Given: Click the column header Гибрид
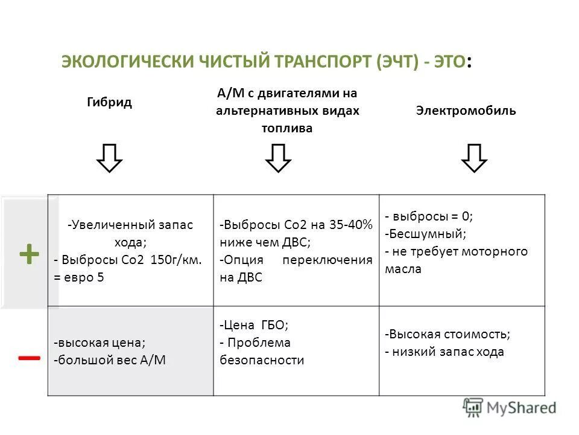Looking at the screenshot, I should coord(109,102).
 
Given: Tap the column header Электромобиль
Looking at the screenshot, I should coord(466,111).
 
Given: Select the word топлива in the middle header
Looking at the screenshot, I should coord(286,128).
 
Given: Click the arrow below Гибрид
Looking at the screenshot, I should coord(110,158).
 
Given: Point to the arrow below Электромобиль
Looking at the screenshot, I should coord(474,158).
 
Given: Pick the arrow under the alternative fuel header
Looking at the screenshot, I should coord(278,158).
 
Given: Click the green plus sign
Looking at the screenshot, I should coord(29,254).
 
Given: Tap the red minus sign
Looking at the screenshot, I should coord(29,358).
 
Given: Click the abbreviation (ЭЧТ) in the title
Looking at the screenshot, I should coord(397,62).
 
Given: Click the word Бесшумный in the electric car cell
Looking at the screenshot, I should coord(428,233).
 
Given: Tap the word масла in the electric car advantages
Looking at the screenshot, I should coord(403,269).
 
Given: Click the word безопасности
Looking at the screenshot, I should coord(262,361).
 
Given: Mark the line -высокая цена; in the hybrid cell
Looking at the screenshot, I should coord(100,343).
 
